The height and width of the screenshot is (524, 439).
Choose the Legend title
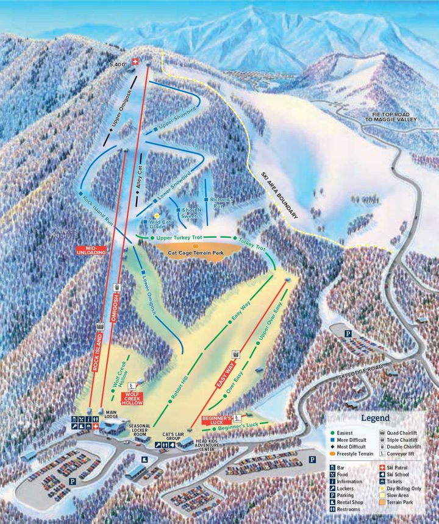[x=375, y=418]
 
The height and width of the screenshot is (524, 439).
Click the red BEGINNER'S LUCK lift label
[x=217, y=420]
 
